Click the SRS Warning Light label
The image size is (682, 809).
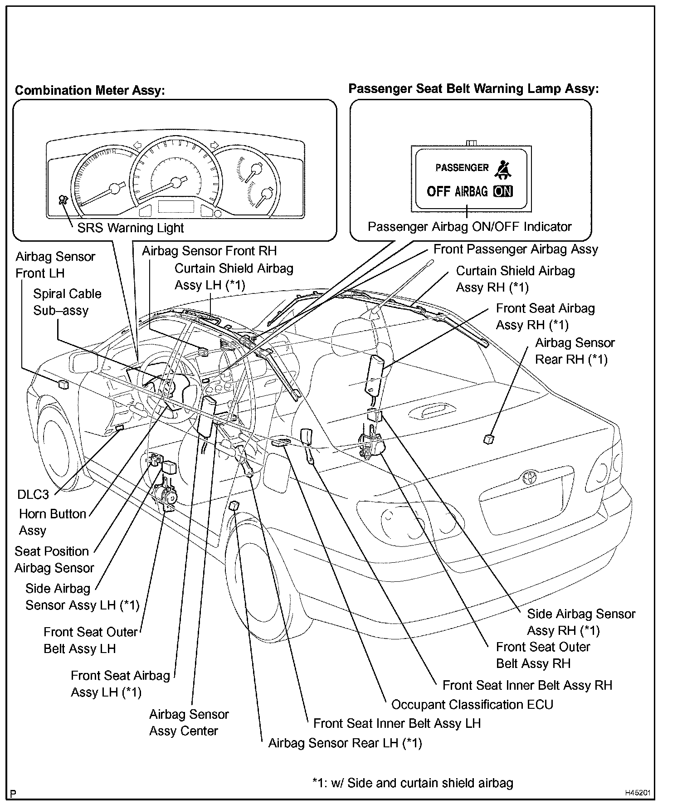130,228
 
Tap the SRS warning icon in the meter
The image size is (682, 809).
63,200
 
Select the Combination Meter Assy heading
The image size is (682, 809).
89,90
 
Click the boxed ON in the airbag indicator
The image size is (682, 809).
503,191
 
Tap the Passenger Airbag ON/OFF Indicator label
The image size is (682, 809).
469,227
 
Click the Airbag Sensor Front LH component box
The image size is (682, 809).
63,385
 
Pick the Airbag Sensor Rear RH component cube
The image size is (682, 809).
489,439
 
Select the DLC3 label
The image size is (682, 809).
33,494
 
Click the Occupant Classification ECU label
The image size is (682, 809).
472,705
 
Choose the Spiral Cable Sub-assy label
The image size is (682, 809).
67,302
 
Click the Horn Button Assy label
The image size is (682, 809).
52,522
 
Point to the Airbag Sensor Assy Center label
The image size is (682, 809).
189,722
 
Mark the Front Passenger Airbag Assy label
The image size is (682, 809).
516,249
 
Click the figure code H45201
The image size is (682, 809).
637,793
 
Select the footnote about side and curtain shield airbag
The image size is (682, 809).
413,783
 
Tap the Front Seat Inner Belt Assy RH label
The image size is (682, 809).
527,685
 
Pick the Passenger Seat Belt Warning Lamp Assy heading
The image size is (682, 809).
473,88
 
